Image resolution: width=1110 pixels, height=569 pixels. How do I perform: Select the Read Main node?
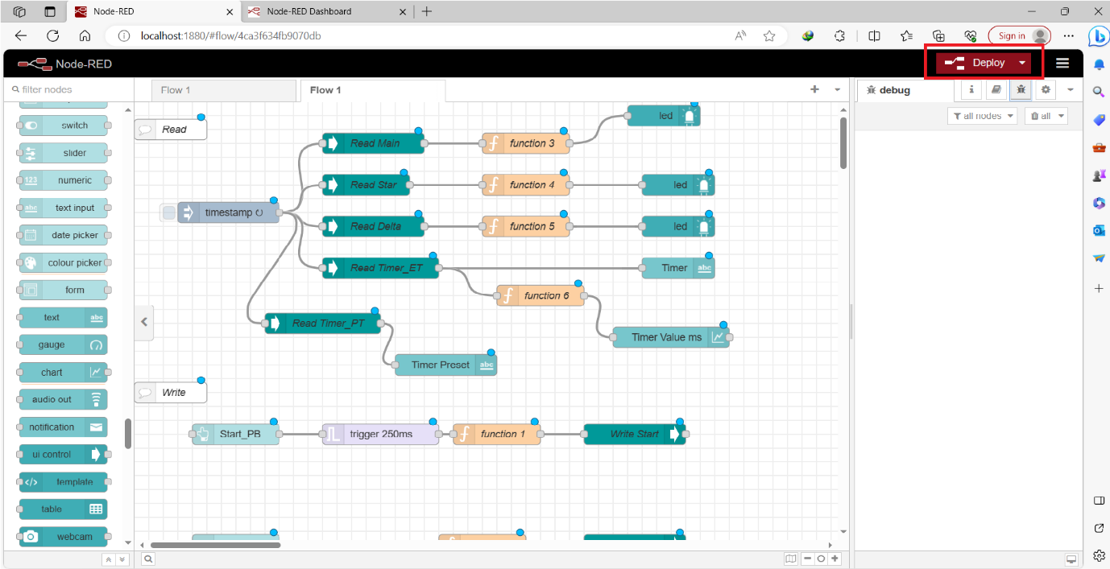374,143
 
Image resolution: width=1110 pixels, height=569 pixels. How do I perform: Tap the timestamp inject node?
228,212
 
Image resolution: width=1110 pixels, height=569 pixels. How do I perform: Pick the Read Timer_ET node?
385,268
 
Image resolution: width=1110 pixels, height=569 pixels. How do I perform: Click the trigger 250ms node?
380,435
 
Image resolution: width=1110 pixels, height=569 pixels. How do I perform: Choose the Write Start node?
634,435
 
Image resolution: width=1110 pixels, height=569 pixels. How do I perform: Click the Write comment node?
172,393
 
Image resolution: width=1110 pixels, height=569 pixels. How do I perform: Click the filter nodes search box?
68,89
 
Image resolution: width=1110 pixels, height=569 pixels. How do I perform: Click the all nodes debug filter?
982,116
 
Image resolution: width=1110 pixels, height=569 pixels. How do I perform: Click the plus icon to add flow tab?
814,89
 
